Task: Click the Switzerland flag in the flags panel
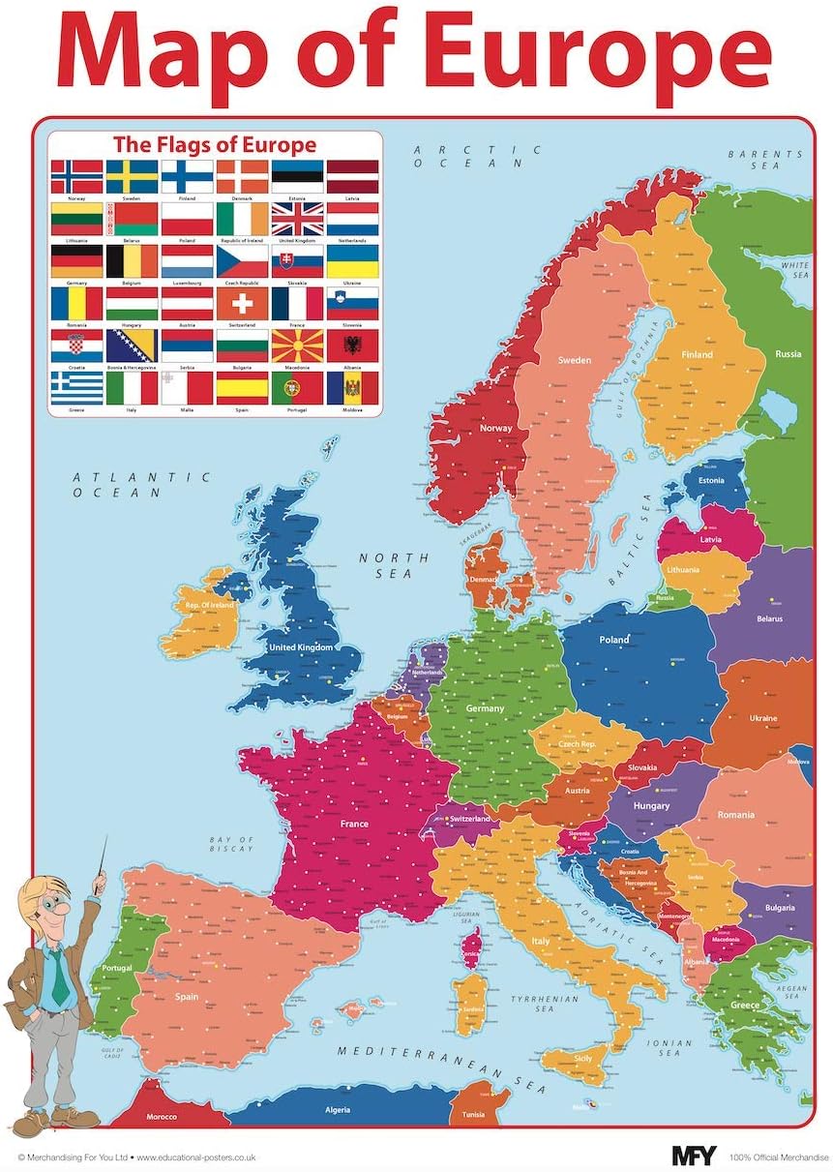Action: (242, 303)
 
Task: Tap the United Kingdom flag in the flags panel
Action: (297, 219)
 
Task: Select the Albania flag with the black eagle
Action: (352, 346)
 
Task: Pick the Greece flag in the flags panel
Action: (76, 388)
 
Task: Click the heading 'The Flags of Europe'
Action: (215, 145)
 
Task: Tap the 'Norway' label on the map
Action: (496, 427)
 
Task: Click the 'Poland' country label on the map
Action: (613, 640)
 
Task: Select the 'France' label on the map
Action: (354, 824)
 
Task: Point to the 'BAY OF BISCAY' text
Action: (232, 844)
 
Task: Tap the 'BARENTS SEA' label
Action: (765, 160)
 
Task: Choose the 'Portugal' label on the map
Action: (117, 969)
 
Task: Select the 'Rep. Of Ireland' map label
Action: (203, 605)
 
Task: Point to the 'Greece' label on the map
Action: (745, 1006)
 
